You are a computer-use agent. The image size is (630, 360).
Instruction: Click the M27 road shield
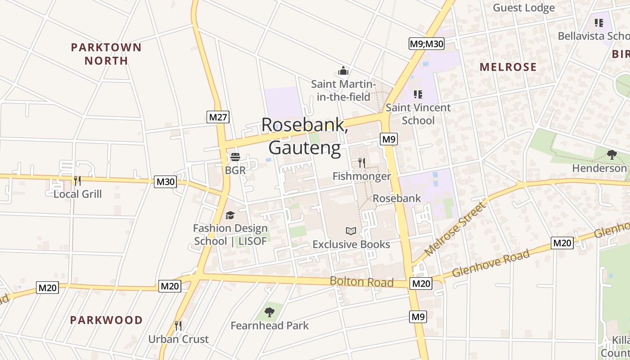tap(218, 117)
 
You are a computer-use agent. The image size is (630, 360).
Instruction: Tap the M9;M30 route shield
tap(427, 44)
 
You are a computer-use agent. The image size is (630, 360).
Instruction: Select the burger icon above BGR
tap(235, 157)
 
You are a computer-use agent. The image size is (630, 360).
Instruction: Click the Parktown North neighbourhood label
tap(106, 54)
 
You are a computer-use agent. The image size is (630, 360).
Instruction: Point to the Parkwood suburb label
tap(107, 320)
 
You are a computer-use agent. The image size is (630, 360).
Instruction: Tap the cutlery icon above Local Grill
tap(77, 181)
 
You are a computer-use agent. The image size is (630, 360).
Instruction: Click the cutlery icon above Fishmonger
tap(361, 162)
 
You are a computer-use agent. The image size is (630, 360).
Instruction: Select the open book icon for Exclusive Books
tap(351, 231)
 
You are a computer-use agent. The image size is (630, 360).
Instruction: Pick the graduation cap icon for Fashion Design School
tap(230, 215)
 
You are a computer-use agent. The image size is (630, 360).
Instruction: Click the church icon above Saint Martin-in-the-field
tap(343, 71)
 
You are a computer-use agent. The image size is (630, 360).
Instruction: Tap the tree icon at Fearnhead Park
tap(270, 312)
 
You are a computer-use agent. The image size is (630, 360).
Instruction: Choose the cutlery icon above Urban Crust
tap(178, 325)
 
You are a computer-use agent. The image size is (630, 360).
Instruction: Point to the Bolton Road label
tap(361, 282)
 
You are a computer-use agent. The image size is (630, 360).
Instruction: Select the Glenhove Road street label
tap(491, 263)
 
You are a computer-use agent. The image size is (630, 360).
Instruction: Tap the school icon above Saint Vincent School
tap(418, 94)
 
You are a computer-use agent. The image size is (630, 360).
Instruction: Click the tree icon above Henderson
tap(612, 155)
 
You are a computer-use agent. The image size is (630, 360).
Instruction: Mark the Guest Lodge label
tap(524, 8)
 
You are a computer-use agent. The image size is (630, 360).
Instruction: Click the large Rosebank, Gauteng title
tap(305, 136)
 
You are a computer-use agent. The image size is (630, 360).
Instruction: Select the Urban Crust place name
tap(179, 339)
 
